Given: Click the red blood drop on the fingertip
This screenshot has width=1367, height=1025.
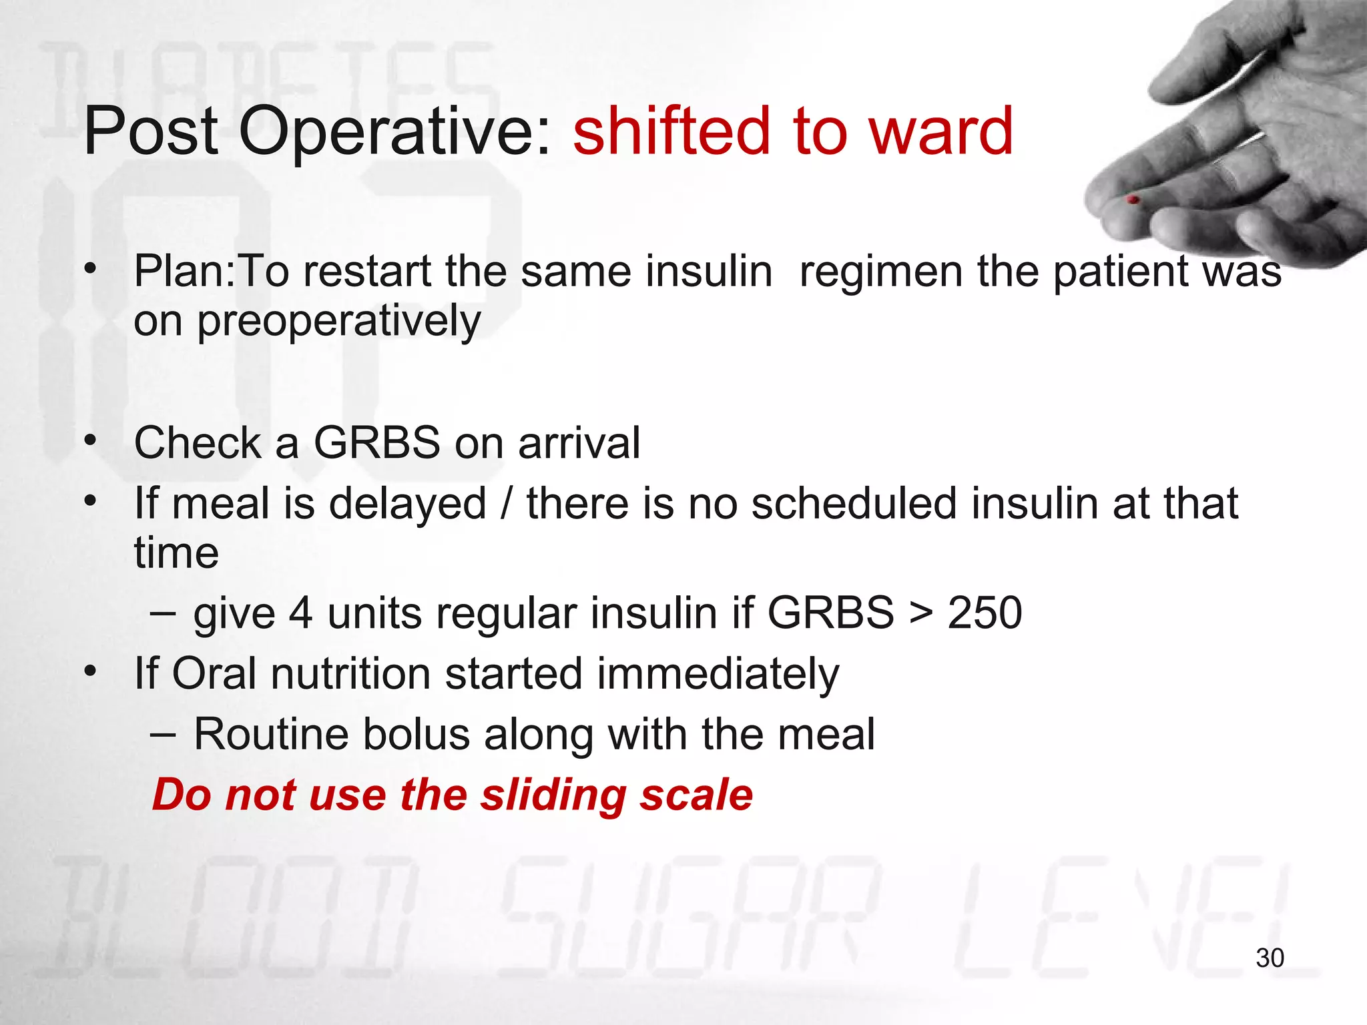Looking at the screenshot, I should click(x=1133, y=200).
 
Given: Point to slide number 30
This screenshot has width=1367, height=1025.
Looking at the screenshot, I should click(x=1270, y=958).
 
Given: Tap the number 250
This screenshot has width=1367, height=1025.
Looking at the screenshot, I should click(x=985, y=613).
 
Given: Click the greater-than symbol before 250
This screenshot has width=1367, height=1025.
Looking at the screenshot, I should click(x=921, y=614).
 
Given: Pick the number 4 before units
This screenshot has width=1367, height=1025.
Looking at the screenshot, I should click(x=300, y=613).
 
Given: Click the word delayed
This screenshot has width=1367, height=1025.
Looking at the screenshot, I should click(x=408, y=503).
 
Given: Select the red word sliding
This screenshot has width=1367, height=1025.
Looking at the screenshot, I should click(x=553, y=795).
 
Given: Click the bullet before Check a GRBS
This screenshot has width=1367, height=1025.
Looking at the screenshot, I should click(x=91, y=441).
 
